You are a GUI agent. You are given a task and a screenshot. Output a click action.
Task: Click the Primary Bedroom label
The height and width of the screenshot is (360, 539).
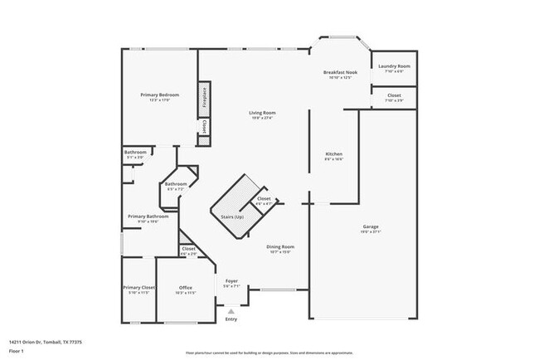click(x=158, y=95)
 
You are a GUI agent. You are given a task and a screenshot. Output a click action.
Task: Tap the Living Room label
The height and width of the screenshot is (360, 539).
click(x=263, y=113)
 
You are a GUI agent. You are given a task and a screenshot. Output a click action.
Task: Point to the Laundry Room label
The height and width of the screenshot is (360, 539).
click(x=394, y=66)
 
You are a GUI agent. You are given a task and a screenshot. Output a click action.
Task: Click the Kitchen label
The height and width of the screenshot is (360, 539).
click(x=333, y=154)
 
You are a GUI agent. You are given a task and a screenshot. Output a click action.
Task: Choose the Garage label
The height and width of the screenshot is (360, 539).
click(x=371, y=226)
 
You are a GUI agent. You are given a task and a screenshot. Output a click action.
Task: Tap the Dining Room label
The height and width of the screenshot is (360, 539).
click(x=279, y=246)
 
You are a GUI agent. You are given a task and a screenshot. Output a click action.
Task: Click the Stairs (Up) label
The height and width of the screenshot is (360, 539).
click(x=232, y=216)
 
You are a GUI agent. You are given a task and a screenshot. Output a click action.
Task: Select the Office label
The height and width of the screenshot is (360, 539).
click(x=186, y=288)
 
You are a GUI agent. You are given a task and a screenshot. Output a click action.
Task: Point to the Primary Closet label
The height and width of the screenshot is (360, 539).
click(x=138, y=288)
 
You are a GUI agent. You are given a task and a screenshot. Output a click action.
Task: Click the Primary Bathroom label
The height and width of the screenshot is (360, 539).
click(x=148, y=216)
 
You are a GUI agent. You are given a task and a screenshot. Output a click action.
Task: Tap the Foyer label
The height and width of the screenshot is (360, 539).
click(x=232, y=281)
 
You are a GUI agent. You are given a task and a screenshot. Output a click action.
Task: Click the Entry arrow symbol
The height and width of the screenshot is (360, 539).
click(x=231, y=311)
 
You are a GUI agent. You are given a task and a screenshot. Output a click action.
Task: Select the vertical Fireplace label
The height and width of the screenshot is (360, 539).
click(x=203, y=97)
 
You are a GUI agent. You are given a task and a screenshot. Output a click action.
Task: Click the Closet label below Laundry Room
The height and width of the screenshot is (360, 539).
click(x=395, y=95)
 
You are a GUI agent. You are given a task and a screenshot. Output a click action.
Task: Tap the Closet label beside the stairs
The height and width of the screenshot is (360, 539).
click(x=264, y=199)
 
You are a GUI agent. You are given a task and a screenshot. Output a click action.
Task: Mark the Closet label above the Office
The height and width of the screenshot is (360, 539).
click(x=188, y=248)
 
